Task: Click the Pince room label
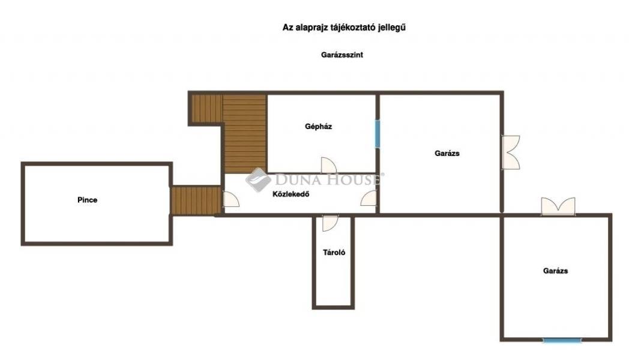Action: coord(88,200)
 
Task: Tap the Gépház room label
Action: coord(319,127)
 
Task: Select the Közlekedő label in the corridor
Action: coord(291,194)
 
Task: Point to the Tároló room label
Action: coord(334,253)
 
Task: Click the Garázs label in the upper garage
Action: coord(447,153)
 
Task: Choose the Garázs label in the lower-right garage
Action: coord(556,271)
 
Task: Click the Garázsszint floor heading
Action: coord(342,55)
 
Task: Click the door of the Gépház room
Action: coord(328,165)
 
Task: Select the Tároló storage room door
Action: coord(330,223)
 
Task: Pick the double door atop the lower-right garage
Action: coord(558,206)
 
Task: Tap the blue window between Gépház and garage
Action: coord(378,133)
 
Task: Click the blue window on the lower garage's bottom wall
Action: coord(562,340)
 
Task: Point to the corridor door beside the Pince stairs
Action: coord(232,199)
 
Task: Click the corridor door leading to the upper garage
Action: coord(369,198)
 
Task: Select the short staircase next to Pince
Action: coord(196,200)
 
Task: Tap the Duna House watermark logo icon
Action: coord(258,179)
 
